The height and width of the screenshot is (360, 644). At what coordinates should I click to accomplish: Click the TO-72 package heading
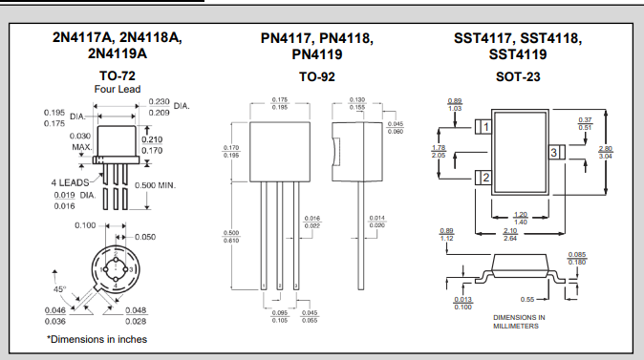click(x=117, y=75)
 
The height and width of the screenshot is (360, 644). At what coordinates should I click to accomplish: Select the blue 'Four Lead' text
click(x=117, y=89)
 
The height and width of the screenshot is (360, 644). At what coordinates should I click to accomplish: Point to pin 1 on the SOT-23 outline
click(x=486, y=127)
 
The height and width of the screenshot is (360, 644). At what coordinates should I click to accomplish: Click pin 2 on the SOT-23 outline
click(x=486, y=178)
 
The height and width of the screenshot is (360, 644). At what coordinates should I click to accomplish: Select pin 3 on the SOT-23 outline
click(x=553, y=152)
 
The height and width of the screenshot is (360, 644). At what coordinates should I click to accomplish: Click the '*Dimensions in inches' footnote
click(x=97, y=339)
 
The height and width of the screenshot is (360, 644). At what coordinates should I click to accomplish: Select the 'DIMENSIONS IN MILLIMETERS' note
click(x=519, y=321)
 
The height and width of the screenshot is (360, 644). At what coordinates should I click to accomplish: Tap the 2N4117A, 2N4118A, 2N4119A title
click(x=117, y=45)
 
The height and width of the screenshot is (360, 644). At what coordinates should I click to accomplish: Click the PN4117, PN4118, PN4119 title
click(x=317, y=46)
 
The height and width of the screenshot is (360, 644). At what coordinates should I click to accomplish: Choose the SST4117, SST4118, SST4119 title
click(x=517, y=46)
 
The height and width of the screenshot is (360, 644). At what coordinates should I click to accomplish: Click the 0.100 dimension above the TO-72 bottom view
click(x=86, y=226)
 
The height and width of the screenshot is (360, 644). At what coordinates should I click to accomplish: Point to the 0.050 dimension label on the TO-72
click(x=145, y=236)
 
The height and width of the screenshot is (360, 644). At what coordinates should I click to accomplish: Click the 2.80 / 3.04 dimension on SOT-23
click(x=605, y=152)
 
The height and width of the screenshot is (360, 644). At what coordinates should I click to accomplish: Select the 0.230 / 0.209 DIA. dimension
click(x=163, y=107)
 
